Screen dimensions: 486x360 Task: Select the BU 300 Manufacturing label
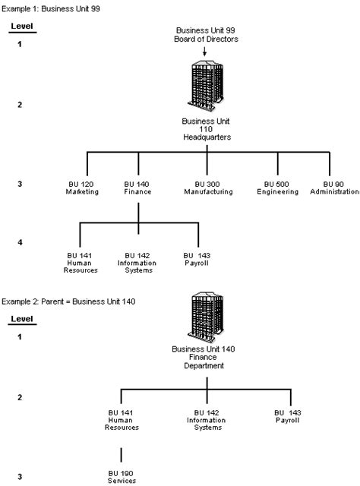207,188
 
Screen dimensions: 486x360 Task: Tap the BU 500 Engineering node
279,188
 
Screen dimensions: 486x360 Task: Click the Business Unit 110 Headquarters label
207,129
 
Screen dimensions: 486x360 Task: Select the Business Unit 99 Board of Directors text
207,34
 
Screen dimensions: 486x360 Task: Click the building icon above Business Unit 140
207,319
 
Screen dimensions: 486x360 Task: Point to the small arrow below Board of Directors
207,50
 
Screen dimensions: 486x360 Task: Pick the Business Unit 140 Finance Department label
207,358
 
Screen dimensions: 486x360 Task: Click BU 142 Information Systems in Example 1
137,262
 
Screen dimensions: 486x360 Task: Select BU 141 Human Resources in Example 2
122,419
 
